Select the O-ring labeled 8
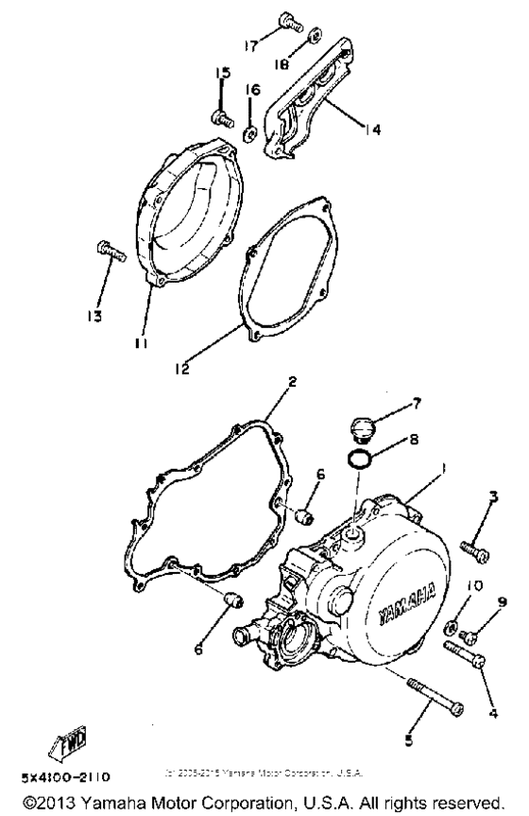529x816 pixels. pyautogui.click(x=359, y=460)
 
